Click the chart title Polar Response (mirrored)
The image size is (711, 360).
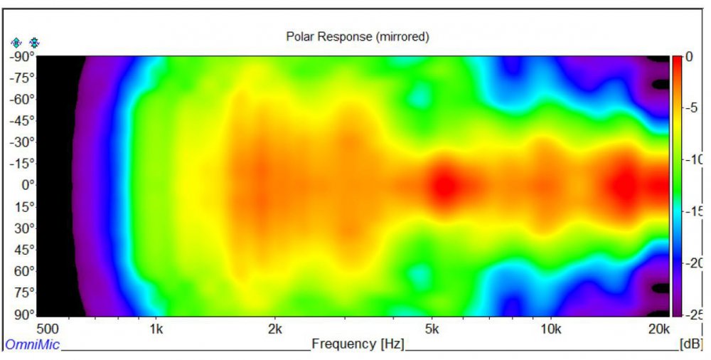tap(357, 36)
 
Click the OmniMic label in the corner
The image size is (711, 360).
tap(32, 345)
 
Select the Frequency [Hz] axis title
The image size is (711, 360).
tap(358, 344)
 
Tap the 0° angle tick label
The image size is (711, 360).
tap(25, 185)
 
